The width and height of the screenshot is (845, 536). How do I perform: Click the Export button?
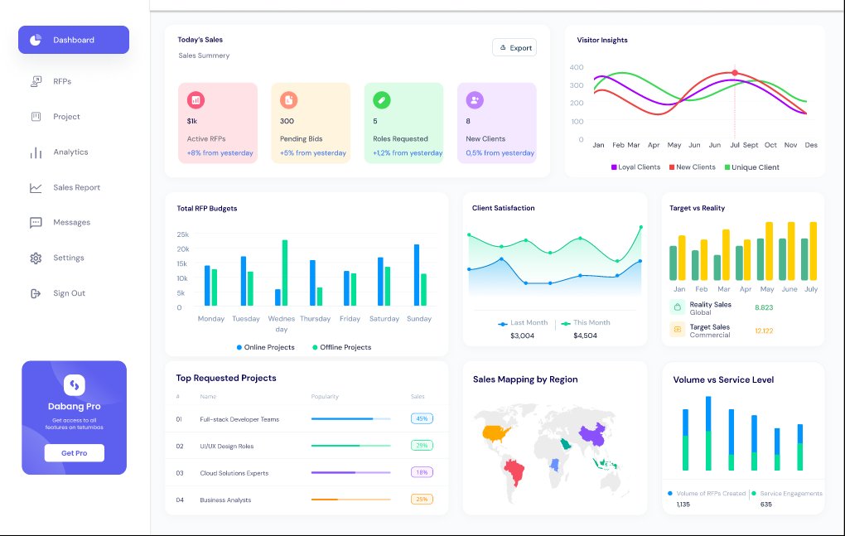(x=514, y=48)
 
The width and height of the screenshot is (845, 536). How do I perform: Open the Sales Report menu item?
(x=76, y=188)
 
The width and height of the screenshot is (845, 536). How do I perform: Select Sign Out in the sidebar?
(x=69, y=293)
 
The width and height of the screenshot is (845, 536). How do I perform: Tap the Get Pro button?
(x=75, y=453)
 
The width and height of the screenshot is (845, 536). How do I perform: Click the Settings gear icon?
(x=36, y=258)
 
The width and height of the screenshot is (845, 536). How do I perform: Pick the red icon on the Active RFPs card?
(x=196, y=100)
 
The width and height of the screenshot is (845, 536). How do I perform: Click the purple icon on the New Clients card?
(x=474, y=100)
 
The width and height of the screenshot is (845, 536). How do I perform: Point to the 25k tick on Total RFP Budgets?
(x=183, y=234)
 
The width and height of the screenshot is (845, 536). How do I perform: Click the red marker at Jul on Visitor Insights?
(x=735, y=73)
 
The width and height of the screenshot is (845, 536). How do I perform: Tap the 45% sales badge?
(x=422, y=419)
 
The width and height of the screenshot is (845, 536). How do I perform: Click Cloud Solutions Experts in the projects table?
(x=234, y=473)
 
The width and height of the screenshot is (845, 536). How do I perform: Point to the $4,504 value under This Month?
(x=585, y=336)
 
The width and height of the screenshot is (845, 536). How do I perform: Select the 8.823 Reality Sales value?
(x=764, y=307)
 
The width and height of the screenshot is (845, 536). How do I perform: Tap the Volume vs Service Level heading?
(x=723, y=380)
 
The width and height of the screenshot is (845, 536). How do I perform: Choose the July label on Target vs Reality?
(x=811, y=289)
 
